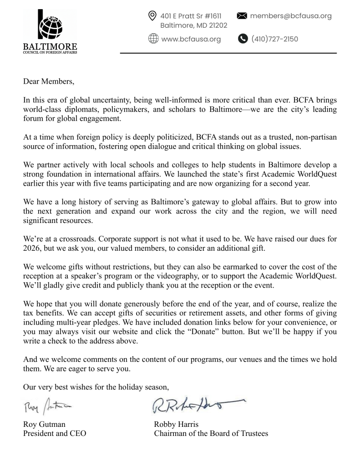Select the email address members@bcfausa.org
(291, 16)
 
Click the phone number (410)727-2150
(274, 39)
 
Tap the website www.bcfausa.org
(191, 39)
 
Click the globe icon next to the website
(153, 39)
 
